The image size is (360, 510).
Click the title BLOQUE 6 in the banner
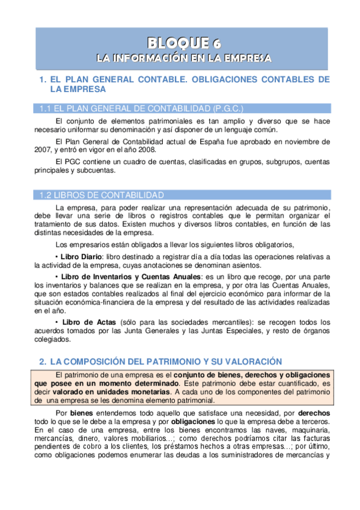(x=184, y=42)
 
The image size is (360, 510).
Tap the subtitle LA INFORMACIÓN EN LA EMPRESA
(x=184, y=58)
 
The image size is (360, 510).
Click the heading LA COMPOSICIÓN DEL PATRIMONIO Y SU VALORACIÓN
(x=166, y=361)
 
